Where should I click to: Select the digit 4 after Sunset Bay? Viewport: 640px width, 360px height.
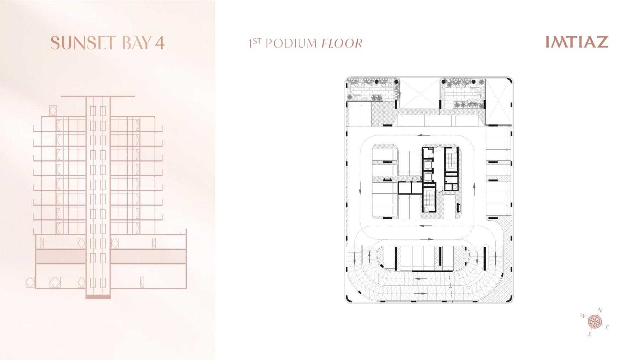[x=160, y=43]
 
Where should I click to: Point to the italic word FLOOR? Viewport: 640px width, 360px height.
[x=342, y=43]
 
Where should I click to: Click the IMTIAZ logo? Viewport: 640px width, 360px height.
[x=577, y=42]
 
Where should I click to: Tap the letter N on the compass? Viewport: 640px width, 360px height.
[x=600, y=310]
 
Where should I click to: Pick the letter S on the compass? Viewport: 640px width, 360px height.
[x=590, y=334]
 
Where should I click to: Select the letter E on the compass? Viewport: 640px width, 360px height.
[x=607, y=327]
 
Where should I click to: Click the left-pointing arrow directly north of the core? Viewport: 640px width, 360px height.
[x=423, y=135]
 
